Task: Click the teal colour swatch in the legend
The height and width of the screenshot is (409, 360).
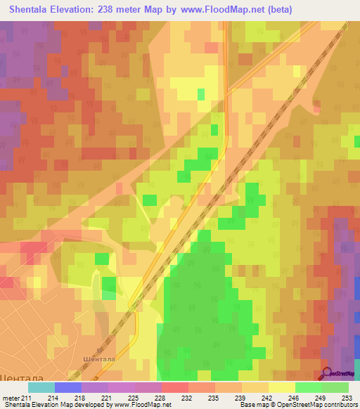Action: tap(41, 387)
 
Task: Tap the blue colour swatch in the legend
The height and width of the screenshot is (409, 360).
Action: tap(68, 387)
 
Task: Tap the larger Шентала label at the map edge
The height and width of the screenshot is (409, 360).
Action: tap(20, 377)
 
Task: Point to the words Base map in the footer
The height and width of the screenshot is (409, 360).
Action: tap(256, 405)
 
